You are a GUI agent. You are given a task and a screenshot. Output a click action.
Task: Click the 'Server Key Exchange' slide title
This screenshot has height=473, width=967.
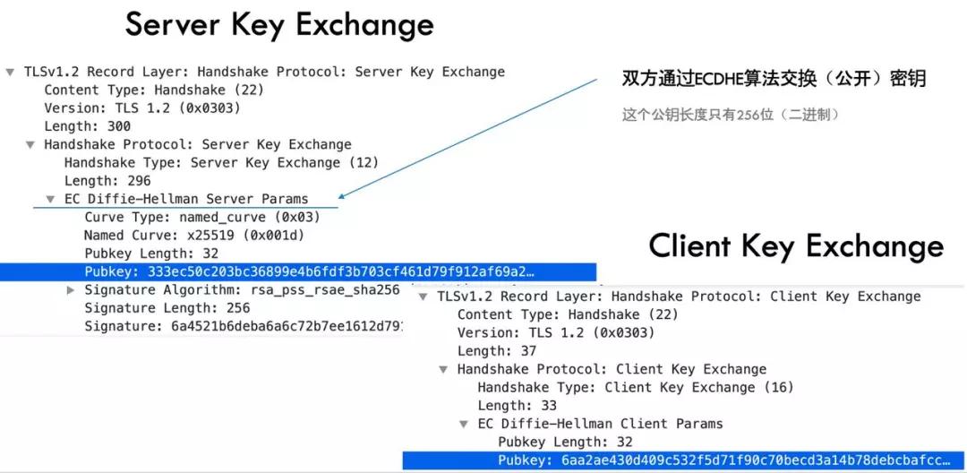pos(279,24)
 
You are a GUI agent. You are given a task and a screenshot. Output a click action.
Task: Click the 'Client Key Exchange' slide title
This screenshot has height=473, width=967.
pos(796,246)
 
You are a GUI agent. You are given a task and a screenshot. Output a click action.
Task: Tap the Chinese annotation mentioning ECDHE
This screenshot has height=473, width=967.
pos(774,80)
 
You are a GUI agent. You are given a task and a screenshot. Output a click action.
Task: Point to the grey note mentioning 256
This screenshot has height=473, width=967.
pos(731,115)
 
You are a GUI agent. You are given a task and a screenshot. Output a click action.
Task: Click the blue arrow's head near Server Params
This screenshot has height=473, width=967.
pos(344,194)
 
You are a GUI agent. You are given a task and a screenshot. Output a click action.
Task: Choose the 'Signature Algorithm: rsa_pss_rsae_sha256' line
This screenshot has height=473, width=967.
pos(242,290)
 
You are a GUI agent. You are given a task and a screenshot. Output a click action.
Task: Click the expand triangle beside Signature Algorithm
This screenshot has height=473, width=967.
pos(72,290)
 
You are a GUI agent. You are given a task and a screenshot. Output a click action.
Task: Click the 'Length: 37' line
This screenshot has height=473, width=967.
pos(497,351)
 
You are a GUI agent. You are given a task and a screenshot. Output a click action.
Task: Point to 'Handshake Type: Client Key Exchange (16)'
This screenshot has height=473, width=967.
pos(635,387)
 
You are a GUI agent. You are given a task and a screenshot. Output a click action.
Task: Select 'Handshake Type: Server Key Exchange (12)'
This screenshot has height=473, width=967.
pos(221,162)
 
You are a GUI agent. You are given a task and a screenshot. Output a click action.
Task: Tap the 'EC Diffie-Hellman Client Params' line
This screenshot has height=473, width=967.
pos(599,424)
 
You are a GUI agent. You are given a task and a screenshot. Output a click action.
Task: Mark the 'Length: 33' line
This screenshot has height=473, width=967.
pos(517,406)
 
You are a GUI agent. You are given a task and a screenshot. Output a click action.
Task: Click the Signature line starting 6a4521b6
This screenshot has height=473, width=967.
pos(243,326)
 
